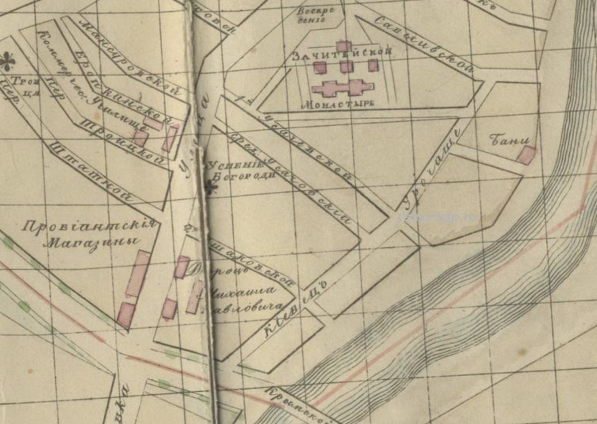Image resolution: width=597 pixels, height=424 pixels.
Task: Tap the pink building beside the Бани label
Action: pos(526,155)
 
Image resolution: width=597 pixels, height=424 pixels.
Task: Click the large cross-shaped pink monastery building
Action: pos(343,88)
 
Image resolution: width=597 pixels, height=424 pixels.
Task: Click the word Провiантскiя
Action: pos(90,228)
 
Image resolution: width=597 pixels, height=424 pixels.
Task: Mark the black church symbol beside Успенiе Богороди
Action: pos(211,187)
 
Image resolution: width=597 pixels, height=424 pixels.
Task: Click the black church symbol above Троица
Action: pos(7,61)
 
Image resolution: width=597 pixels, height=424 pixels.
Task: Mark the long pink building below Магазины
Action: pos(138,274)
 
